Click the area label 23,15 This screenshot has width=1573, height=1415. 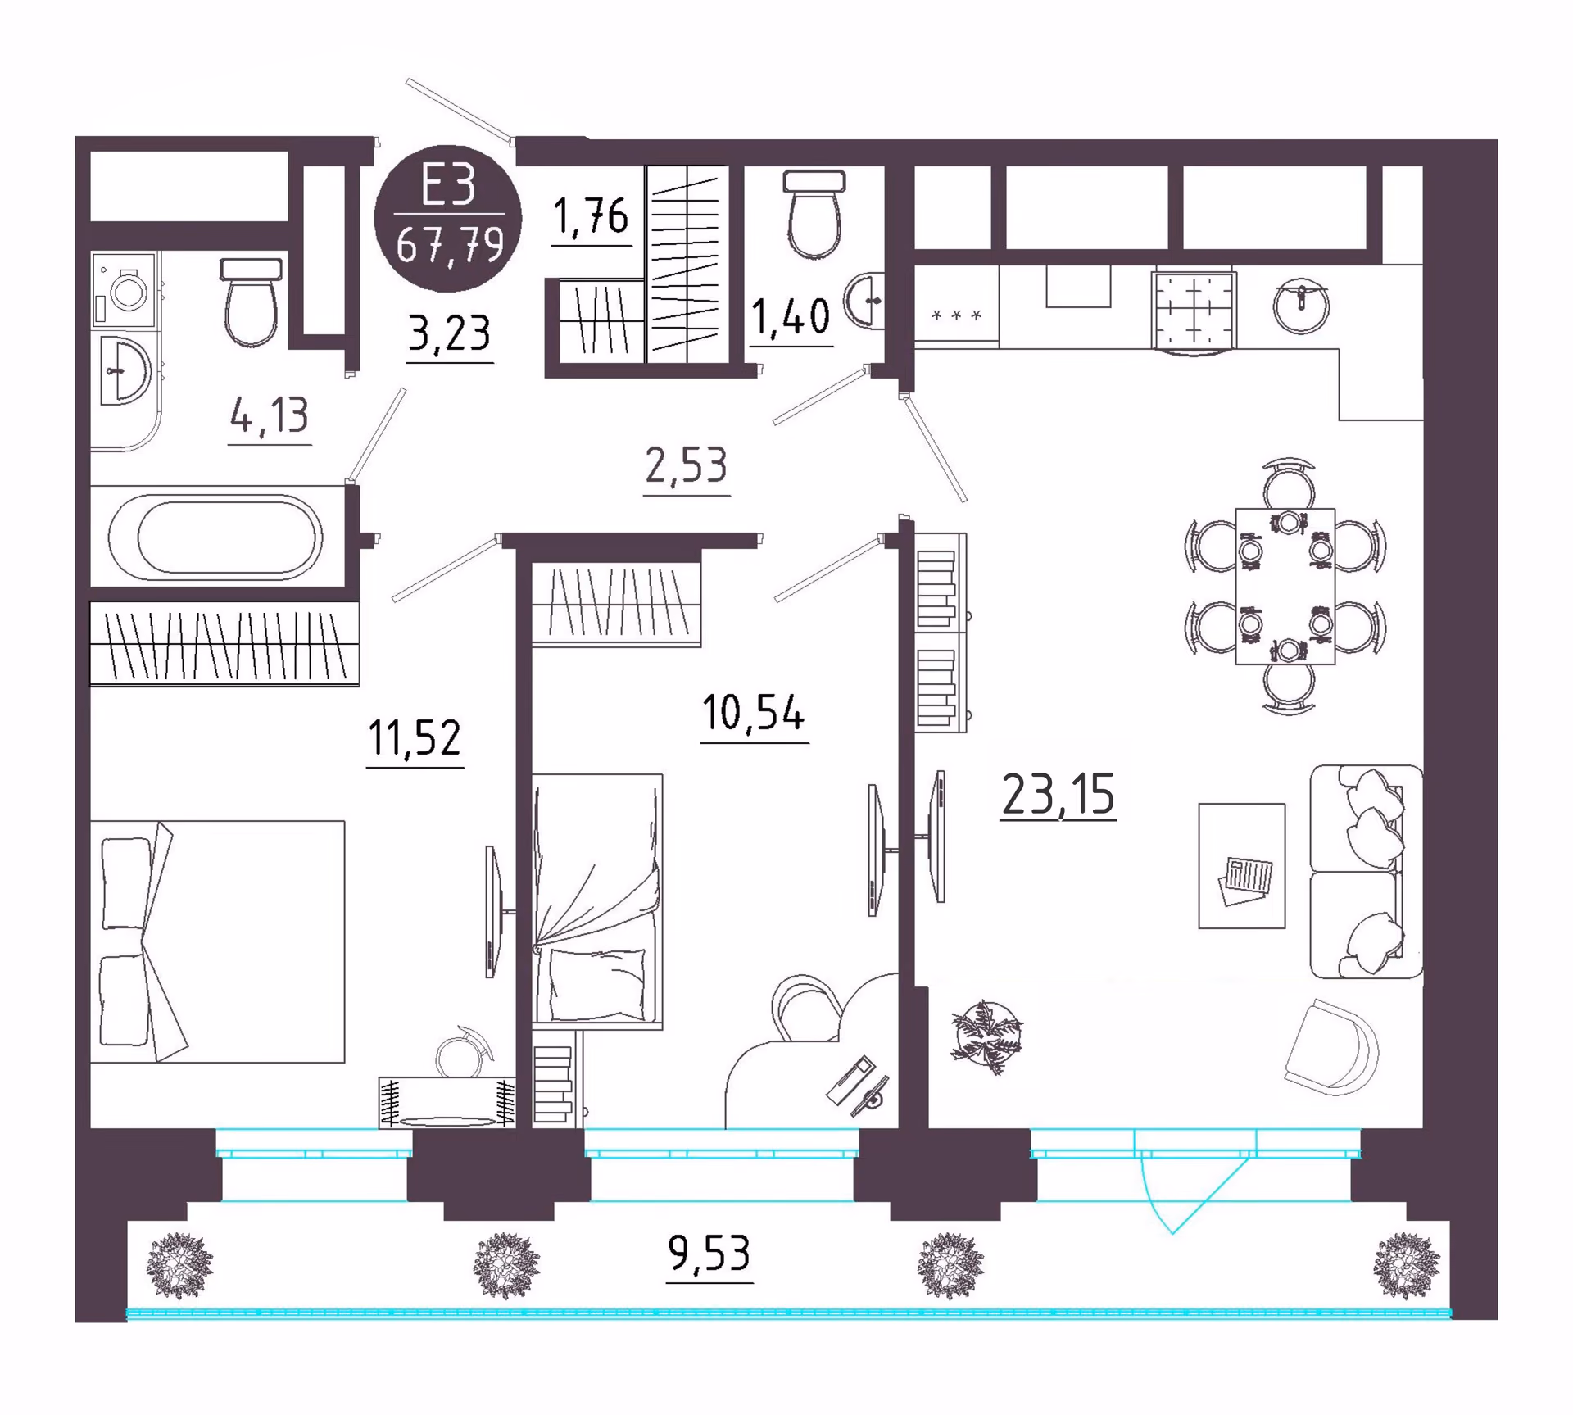tap(1058, 794)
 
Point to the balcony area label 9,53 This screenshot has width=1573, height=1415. tap(709, 1253)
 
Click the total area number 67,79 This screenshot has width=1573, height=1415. tap(449, 244)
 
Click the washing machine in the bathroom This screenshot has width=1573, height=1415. tap(125, 289)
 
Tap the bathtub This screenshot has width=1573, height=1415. tap(215, 537)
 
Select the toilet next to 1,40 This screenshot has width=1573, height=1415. tap(814, 215)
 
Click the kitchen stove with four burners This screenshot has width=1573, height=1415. tap(1194, 311)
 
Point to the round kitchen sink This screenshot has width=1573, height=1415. tap(1301, 305)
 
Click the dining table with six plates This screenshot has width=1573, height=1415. tap(1285, 586)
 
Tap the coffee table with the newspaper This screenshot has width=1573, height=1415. tap(1241, 866)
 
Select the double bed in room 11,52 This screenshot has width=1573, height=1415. tap(217, 941)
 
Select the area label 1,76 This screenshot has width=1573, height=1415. tap(591, 216)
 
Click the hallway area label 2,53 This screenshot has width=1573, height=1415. tap(686, 465)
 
